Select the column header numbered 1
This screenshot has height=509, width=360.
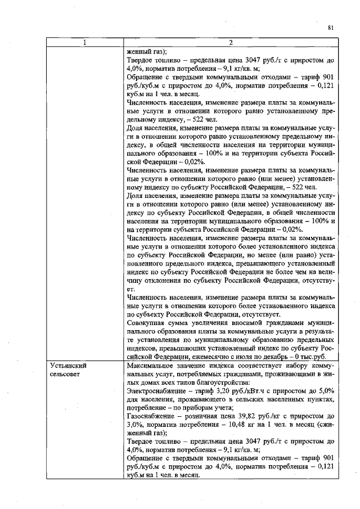click(x=85, y=43)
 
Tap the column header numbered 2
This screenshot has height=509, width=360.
click(x=232, y=43)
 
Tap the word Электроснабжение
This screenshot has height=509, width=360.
click(x=154, y=390)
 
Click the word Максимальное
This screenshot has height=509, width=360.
click(x=151, y=366)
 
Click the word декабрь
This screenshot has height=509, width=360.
click(x=282, y=357)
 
